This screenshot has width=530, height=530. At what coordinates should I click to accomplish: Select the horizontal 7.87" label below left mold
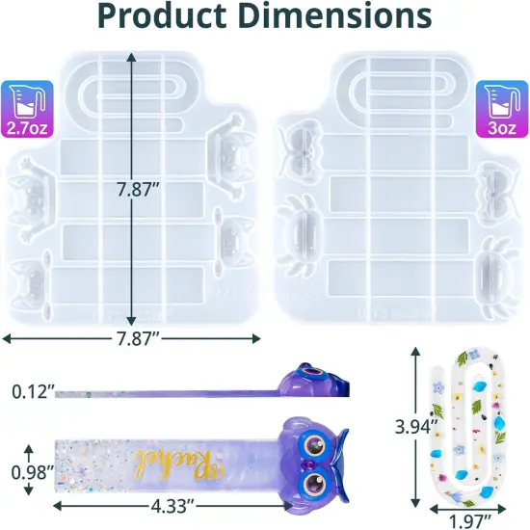[133, 338]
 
